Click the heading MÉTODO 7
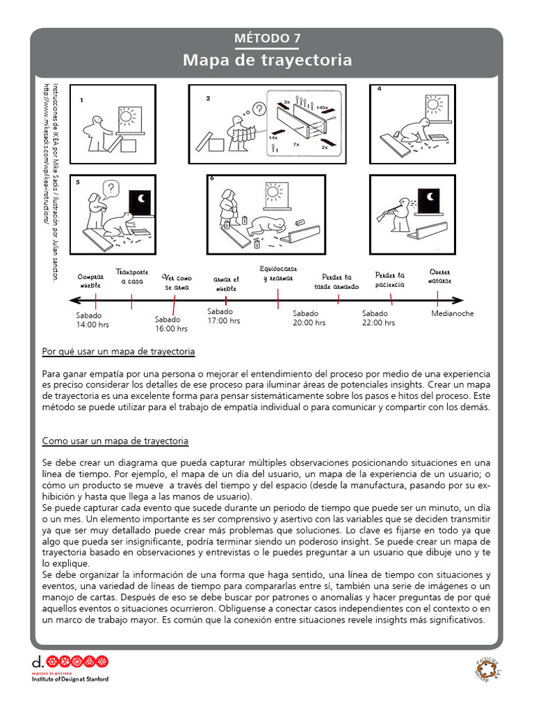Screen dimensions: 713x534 coord(267,38)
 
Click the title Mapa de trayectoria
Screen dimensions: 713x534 coord(267,61)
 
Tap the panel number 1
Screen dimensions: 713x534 coord(81,100)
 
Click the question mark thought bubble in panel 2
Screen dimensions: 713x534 coord(259,109)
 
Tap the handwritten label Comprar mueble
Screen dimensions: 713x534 coord(90,281)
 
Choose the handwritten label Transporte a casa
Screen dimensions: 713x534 coord(132,276)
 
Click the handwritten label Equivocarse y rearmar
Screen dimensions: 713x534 coord(278,274)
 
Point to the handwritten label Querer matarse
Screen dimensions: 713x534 coord(440,276)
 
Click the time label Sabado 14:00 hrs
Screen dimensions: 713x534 coord(92,320)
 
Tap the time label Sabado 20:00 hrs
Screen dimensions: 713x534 coord(309,318)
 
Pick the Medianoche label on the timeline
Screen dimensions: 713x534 coord(453,313)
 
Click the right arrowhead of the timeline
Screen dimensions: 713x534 coord(459,300)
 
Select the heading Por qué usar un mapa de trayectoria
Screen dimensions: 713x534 coord(118,351)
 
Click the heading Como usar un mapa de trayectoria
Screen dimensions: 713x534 coord(115,441)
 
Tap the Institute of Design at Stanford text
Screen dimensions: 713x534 coord(70,679)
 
